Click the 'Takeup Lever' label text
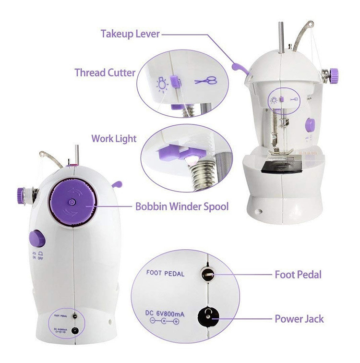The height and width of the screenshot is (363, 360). click(x=130, y=34)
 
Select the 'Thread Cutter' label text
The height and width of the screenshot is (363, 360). click(x=105, y=73)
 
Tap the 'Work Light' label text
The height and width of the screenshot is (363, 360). click(x=114, y=139)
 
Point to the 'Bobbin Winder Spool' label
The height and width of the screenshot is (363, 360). click(x=182, y=206)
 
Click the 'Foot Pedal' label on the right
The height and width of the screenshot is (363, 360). click(x=298, y=275)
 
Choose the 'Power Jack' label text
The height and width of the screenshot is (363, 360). click(x=299, y=319)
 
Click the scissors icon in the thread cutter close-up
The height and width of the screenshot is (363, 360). click(x=206, y=81)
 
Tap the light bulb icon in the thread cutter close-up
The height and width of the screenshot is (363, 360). click(x=162, y=85)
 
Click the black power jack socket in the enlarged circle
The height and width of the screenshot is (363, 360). click(x=208, y=316)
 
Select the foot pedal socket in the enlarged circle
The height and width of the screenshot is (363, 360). click(x=207, y=274)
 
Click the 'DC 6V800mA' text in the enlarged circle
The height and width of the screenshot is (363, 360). click(x=165, y=314)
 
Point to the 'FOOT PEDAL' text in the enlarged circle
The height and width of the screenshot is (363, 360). click(x=165, y=273)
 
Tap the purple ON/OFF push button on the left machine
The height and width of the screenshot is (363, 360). click(x=37, y=238)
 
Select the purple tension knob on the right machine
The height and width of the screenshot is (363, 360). click(x=334, y=76)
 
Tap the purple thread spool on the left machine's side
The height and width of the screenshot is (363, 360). click(x=21, y=196)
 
